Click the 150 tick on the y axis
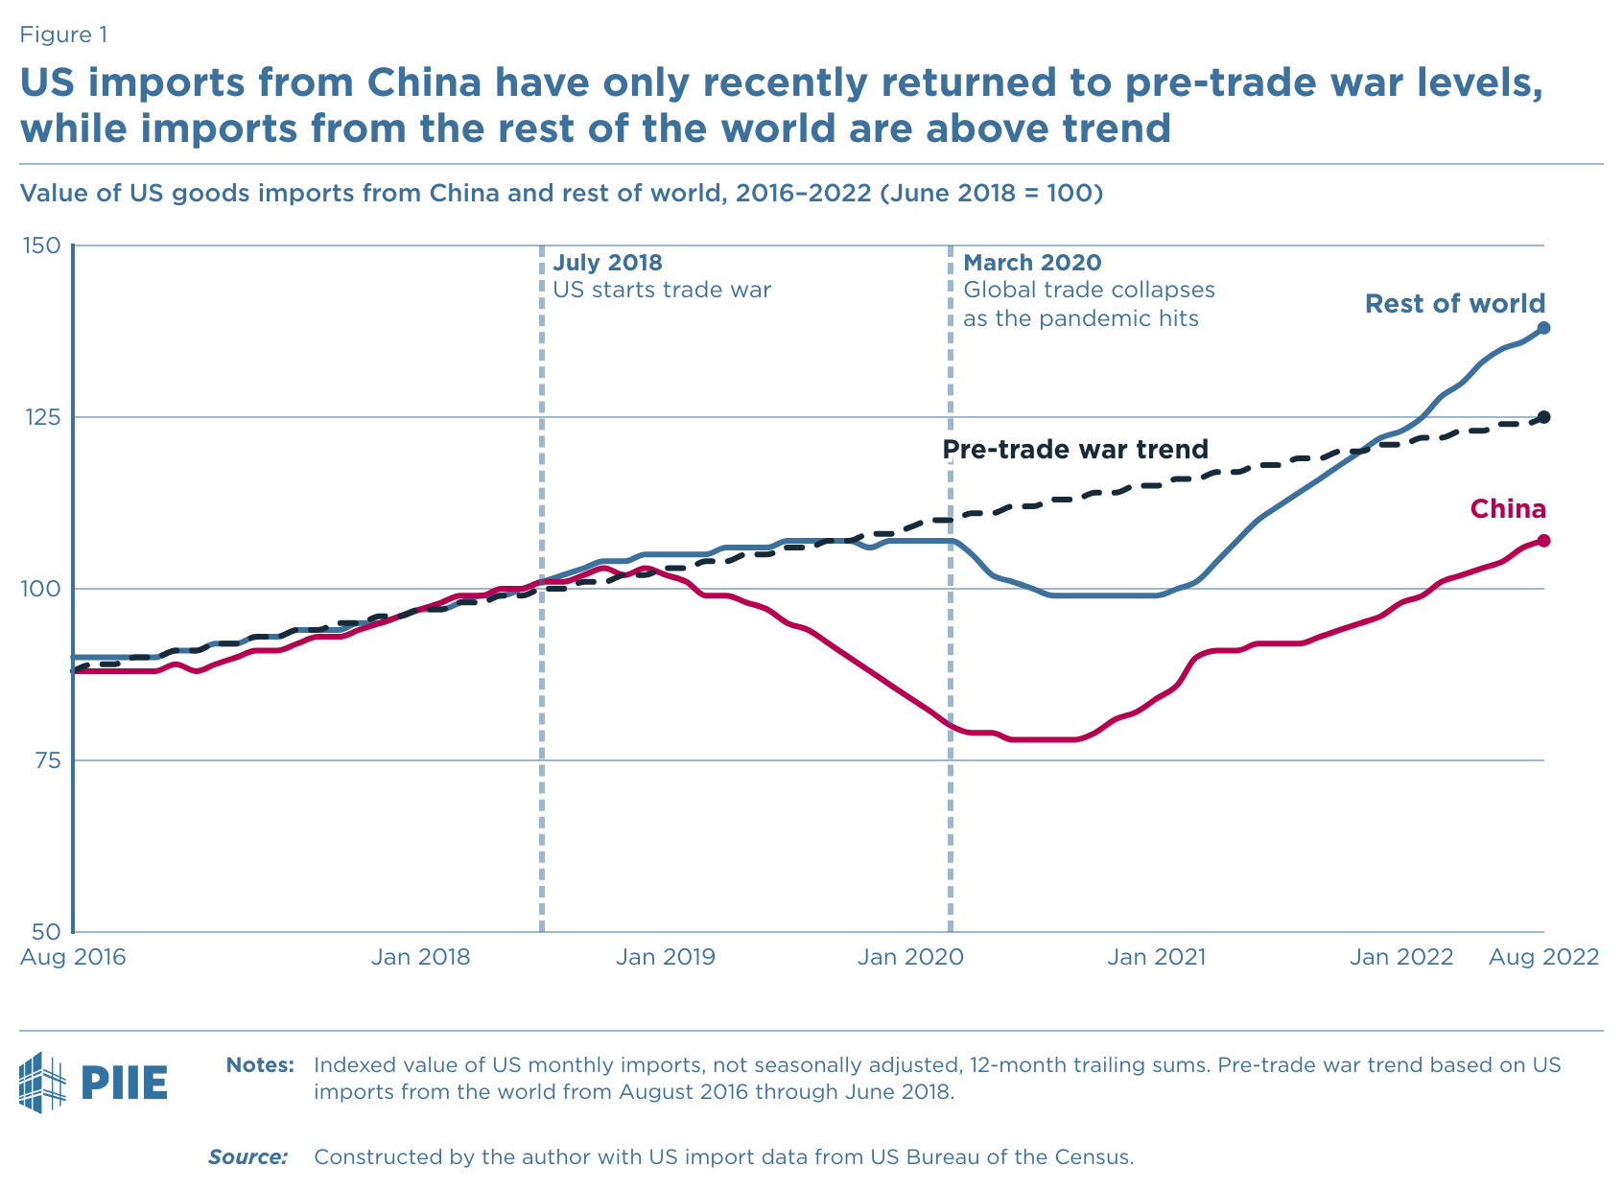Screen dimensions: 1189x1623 click(x=39, y=245)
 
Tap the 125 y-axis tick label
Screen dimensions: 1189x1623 click(x=39, y=417)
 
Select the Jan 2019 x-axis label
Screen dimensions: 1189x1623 click(x=665, y=957)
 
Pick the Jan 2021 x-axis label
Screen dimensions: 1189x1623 click(x=1155, y=957)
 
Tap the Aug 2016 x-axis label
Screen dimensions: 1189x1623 click(x=73, y=957)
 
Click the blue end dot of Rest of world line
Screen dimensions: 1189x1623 click(x=1544, y=328)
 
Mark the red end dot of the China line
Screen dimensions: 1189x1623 click(x=1544, y=541)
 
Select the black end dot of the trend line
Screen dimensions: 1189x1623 click(x=1544, y=417)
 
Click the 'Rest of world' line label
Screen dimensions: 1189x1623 click(x=1454, y=304)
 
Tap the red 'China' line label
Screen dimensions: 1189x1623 click(x=1508, y=509)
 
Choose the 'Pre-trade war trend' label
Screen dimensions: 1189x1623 click(x=1074, y=449)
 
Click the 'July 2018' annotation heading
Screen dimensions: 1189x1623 click(x=607, y=263)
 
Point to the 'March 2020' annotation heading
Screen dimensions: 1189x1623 click(x=1032, y=263)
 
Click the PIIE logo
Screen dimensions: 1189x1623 click(x=93, y=1082)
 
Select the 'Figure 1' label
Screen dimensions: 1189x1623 click(x=63, y=35)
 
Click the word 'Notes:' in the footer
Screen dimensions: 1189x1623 click(x=260, y=1065)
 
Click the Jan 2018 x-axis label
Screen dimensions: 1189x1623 click(x=420, y=957)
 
